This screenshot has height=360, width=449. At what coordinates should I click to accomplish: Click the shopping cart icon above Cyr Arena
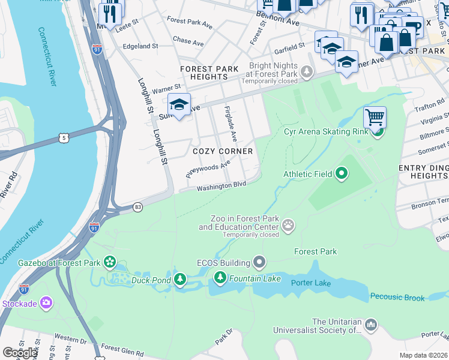click(x=375, y=116)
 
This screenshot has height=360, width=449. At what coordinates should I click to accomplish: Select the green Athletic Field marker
click(x=342, y=175)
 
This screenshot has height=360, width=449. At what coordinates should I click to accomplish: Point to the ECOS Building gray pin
click(x=259, y=262)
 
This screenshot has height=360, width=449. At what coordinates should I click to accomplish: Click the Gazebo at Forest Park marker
click(x=109, y=262)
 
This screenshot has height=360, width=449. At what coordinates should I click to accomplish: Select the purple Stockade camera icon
click(x=46, y=303)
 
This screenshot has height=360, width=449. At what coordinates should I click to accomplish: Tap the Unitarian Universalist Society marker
click(x=370, y=325)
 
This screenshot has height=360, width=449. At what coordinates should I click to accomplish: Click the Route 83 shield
click(x=139, y=207)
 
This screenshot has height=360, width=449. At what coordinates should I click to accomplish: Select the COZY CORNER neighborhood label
click(x=222, y=152)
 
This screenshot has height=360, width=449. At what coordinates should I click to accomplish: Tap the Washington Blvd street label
click(x=221, y=187)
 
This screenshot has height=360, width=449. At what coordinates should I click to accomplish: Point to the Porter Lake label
click(x=311, y=283)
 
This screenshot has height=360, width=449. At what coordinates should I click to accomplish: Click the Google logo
click(x=20, y=353)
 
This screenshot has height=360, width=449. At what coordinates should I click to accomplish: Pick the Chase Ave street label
click(x=188, y=41)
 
